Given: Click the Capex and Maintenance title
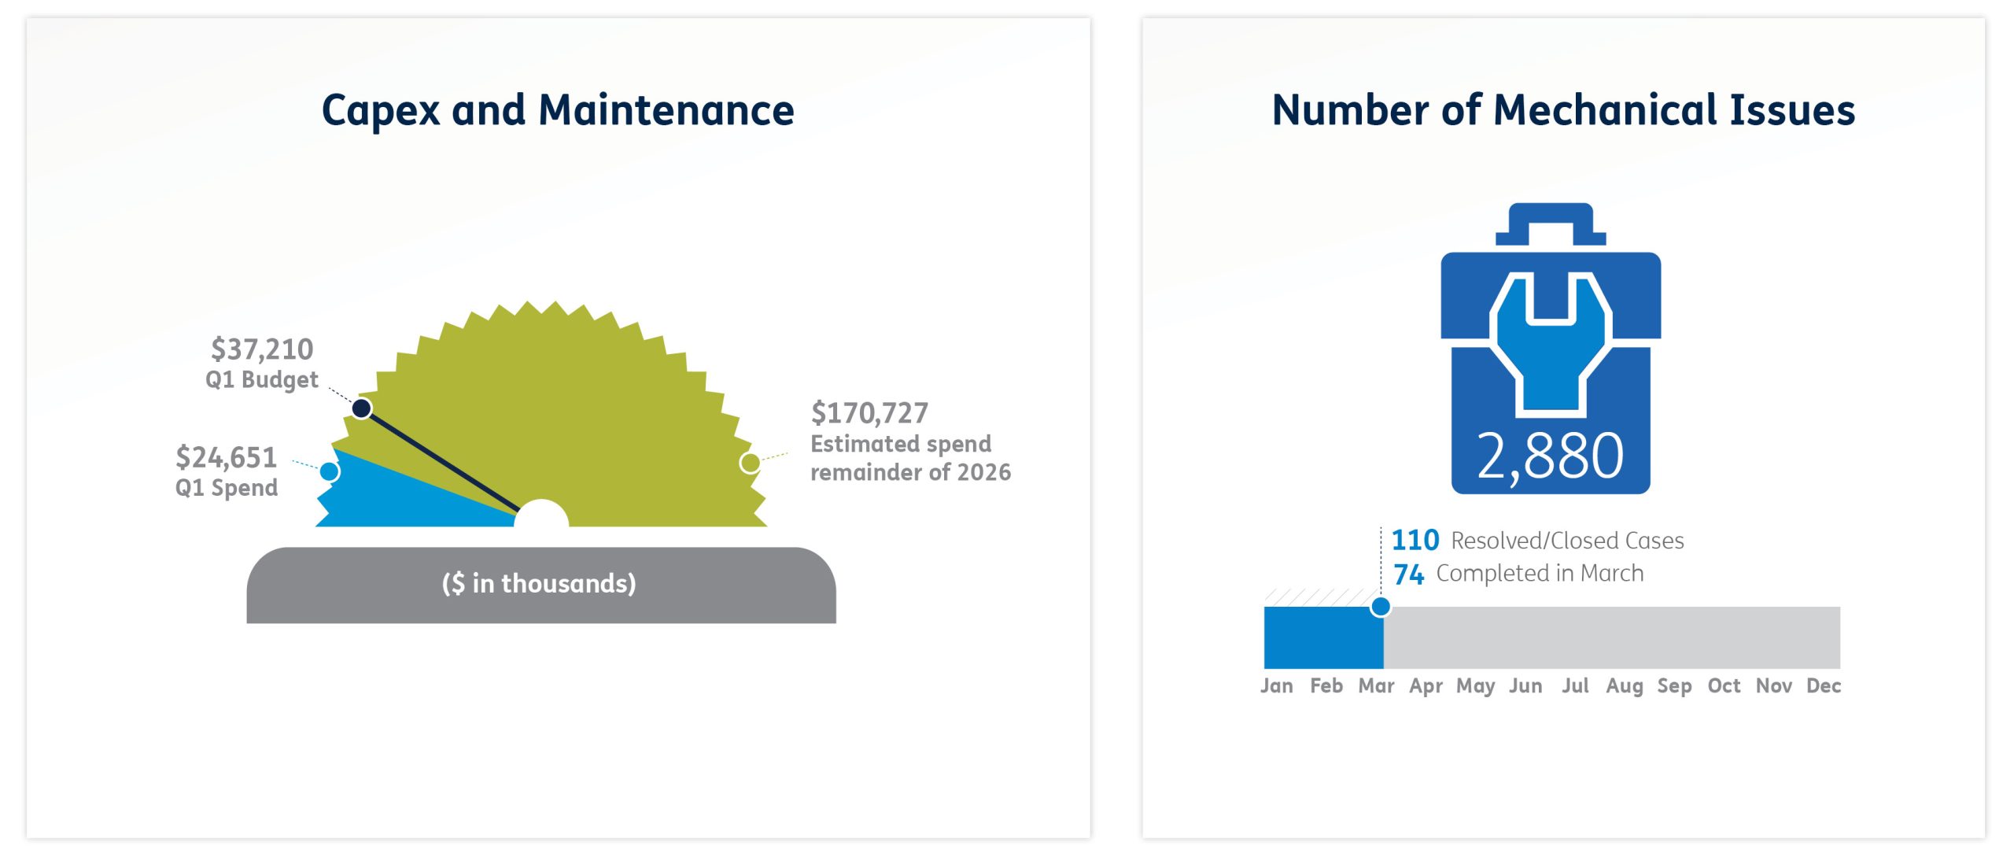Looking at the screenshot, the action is coord(558,110).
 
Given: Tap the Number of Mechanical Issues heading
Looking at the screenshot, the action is coord(1563,110).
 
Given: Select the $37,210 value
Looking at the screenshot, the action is coord(262,349).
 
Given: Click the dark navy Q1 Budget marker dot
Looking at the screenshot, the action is coord(362,408).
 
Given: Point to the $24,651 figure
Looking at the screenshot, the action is coord(227,457).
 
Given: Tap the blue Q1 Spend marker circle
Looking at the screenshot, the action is coord(330,471).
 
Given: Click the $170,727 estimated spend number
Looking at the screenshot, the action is coord(869,413).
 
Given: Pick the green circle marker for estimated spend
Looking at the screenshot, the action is coord(750,463).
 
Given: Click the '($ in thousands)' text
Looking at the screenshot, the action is coord(539,583).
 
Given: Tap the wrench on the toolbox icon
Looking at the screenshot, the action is coord(1551,343).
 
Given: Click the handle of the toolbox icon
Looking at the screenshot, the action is coord(1551,224).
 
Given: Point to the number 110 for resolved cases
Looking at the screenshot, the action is coord(1415,540).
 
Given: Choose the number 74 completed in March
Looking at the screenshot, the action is coord(1408,574).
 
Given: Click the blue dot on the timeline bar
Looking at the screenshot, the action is coord(1381,607).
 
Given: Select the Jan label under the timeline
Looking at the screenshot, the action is coord(1277,685).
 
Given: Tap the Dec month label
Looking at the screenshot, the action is coord(1824,685).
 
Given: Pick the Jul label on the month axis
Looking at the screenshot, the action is coord(1575,685).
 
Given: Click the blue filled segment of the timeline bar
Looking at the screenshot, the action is coord(1323,637).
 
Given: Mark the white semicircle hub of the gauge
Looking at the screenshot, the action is coord(541,513).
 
